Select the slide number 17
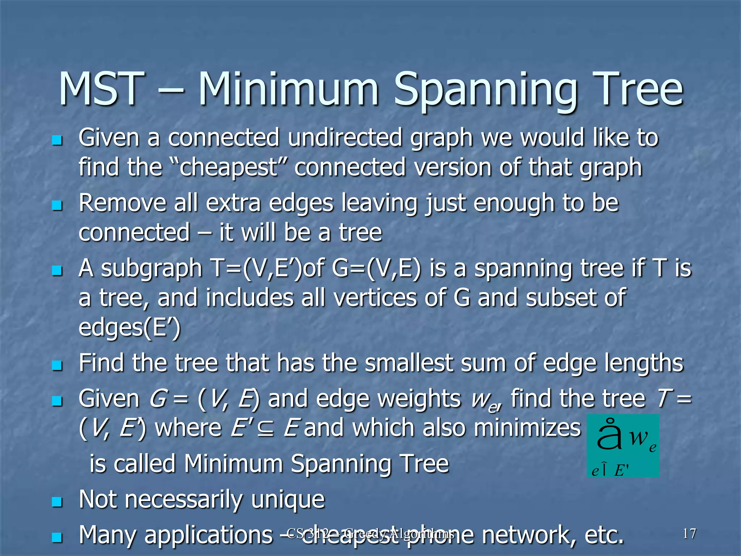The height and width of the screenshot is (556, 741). coord(689,534)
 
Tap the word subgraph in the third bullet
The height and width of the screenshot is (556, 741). coord(151,269)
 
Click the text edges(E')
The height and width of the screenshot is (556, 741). coord(129,328)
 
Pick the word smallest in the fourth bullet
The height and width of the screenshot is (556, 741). coord(409,363)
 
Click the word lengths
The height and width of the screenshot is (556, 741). coord(644,363)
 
